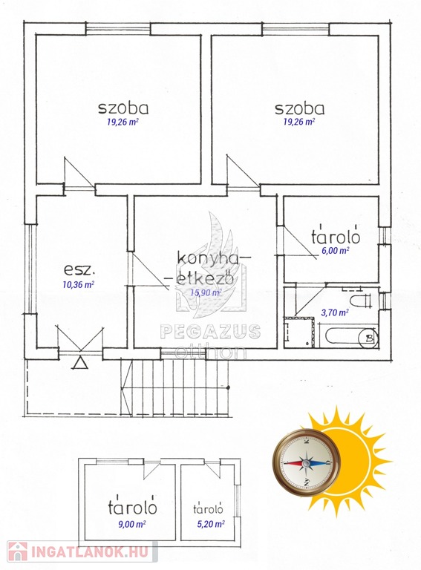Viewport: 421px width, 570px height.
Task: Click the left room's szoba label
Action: point(123,108)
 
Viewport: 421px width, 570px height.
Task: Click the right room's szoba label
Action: point(299,108)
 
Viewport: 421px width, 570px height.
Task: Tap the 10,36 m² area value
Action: point(79,284)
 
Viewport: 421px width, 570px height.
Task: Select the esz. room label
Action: point(79,270)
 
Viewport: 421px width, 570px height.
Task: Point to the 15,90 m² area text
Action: point(206,292)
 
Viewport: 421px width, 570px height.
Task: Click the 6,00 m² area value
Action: point(333,250)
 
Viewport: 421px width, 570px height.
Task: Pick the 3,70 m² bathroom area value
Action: point(334,312)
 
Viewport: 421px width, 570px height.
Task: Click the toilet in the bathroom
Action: point(362,301)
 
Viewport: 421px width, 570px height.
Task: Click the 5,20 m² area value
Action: point(209,524)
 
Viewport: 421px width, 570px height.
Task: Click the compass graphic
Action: point(306,462)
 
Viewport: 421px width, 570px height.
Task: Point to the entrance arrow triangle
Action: point(80,363)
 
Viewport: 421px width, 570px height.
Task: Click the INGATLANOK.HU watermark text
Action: point(90,552)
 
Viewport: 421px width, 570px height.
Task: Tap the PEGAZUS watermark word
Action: point(210,331)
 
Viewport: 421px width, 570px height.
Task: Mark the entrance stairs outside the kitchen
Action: point(175,387)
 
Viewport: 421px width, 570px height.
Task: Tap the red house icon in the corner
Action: point(17,552)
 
